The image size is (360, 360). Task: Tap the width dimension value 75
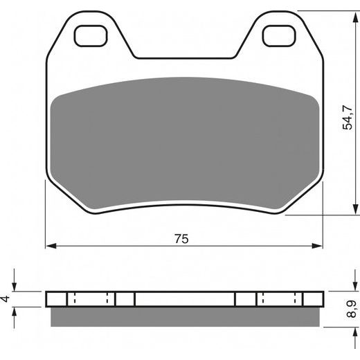pos(181,238)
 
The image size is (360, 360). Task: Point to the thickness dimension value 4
pos(6,298)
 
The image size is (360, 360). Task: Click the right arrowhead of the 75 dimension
pos(319,245)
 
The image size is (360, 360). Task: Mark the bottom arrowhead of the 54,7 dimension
pos(347,210)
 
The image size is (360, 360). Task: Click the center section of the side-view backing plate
pos(184,299)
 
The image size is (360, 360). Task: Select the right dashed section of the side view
pos(280,299)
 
